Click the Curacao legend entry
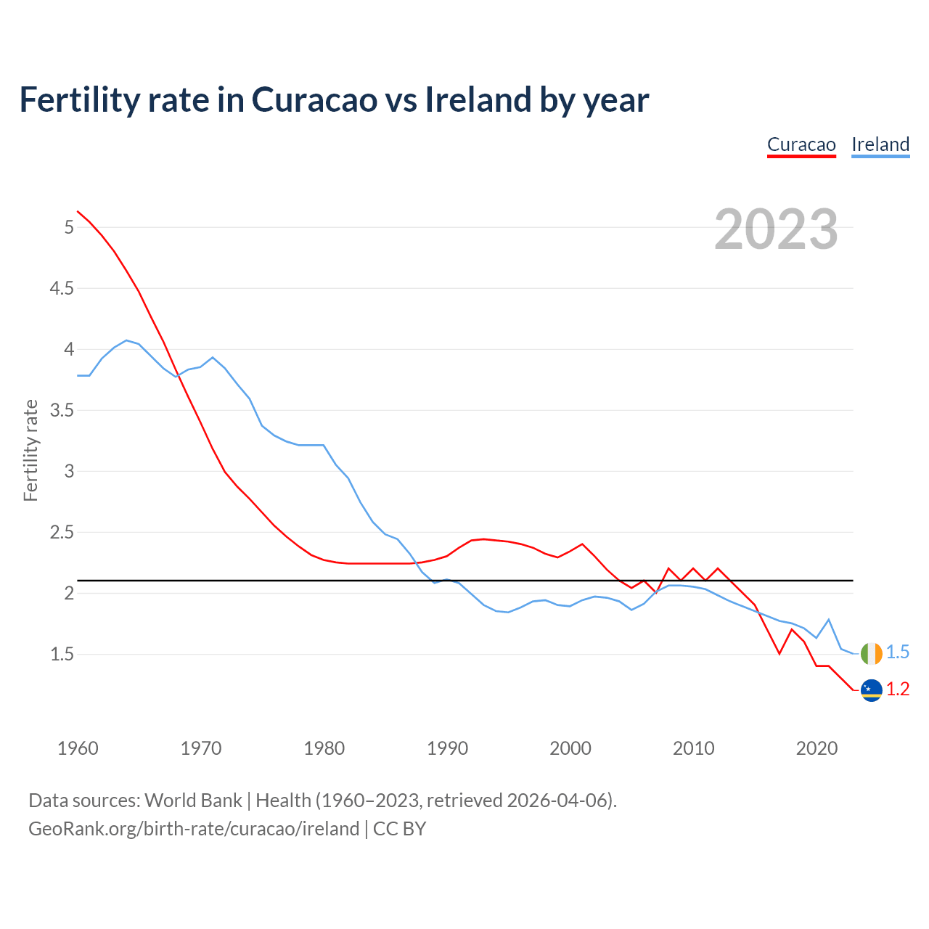801,144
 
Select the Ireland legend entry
880,144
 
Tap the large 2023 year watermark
776,229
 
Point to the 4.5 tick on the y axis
62,289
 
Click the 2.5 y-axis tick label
62,533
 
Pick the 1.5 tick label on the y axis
62,655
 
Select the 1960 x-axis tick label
78,748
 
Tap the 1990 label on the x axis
447,748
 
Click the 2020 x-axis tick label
817,748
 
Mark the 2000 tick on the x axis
570,748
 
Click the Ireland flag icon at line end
871,653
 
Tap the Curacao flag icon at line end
871,690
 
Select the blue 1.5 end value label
898,652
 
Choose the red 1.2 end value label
898,689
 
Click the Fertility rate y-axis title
30,450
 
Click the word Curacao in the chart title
314,99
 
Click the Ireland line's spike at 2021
829,620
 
